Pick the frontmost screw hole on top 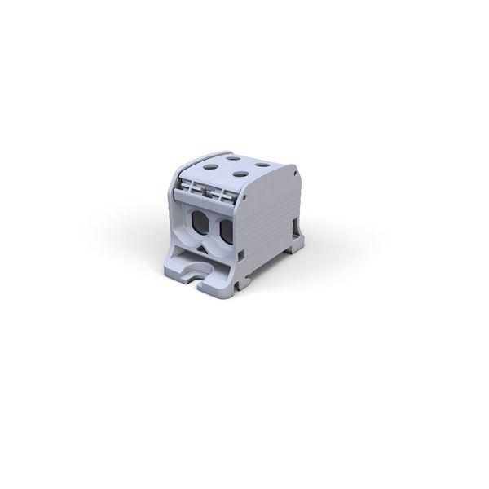[241, 174]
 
